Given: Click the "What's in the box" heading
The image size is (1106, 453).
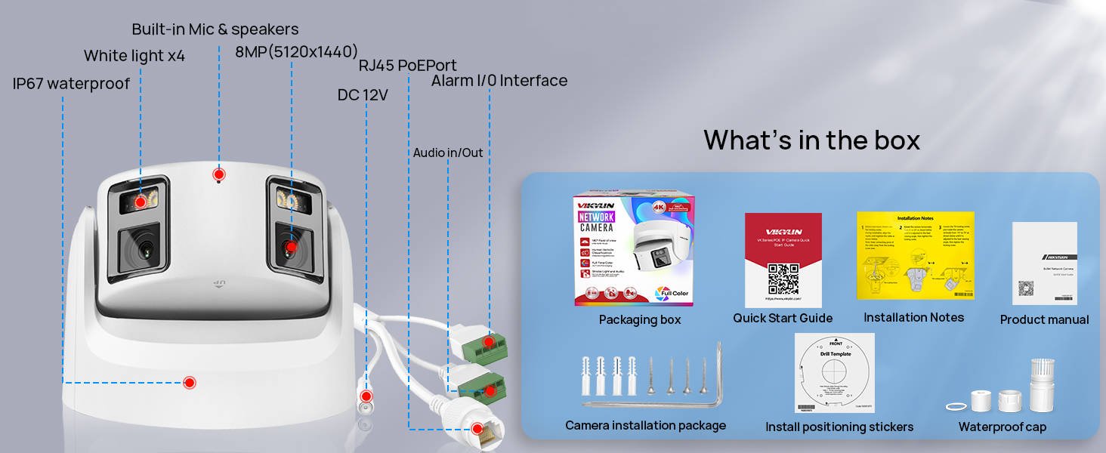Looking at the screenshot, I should (x=811, y=140).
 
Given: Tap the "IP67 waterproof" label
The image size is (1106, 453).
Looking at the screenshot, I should (x=71, y=84).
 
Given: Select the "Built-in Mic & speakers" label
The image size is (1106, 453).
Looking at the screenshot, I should (x=215, y=29).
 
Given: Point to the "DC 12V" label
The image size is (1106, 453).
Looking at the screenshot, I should (x=363, y=95).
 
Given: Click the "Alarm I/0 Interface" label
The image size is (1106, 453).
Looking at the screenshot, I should (x=499, y=81).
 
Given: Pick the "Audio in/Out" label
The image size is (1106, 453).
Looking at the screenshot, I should (x=448, y=153).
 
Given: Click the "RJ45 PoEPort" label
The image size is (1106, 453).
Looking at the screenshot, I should (x=407, y=66).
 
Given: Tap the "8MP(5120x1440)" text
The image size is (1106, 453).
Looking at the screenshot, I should (x=296, y=52).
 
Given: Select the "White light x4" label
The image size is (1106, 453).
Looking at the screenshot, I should (x=134, y=56).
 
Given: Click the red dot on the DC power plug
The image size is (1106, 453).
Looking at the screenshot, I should (x=366, y=396).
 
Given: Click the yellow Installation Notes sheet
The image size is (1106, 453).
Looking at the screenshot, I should (x=915, y=255).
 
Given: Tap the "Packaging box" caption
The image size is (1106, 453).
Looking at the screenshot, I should (x=640, y=319).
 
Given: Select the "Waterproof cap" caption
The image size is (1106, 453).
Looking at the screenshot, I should (x=1002, y=427).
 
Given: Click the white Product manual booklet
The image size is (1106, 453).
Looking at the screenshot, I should (x=1044, y=263).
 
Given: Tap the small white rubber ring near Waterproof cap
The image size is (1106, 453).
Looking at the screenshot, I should (x=956, y=406).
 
